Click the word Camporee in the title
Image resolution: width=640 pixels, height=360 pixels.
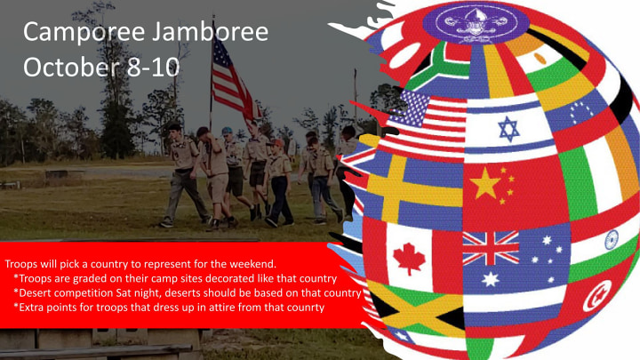[x=84, y=33]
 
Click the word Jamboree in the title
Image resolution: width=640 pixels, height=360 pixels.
[x=211, y=31]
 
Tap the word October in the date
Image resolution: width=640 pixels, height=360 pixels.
[x=72, y=67]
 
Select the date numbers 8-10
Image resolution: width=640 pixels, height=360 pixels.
[x=153, y=68]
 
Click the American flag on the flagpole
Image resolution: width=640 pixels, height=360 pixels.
[x=233, y=82]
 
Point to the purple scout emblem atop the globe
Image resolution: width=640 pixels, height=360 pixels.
[x=476, y=23]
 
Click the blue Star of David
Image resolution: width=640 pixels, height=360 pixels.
[x=508, y=129]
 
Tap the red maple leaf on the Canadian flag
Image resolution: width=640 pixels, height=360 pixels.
[x=409, y=259]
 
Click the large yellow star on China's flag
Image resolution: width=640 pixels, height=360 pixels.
[x=485, y=183]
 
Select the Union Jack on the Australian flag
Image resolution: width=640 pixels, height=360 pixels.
[x=491, y=248]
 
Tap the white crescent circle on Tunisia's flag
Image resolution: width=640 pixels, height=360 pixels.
[x=596, y=295]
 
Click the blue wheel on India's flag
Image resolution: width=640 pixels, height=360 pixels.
[x=612, y=240]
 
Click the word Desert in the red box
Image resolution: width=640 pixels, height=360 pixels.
[x=34, y=293]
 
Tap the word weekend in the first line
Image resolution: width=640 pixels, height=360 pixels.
[x=255, y=264]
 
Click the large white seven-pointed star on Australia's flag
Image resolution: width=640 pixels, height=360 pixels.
[x=490, y=280]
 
